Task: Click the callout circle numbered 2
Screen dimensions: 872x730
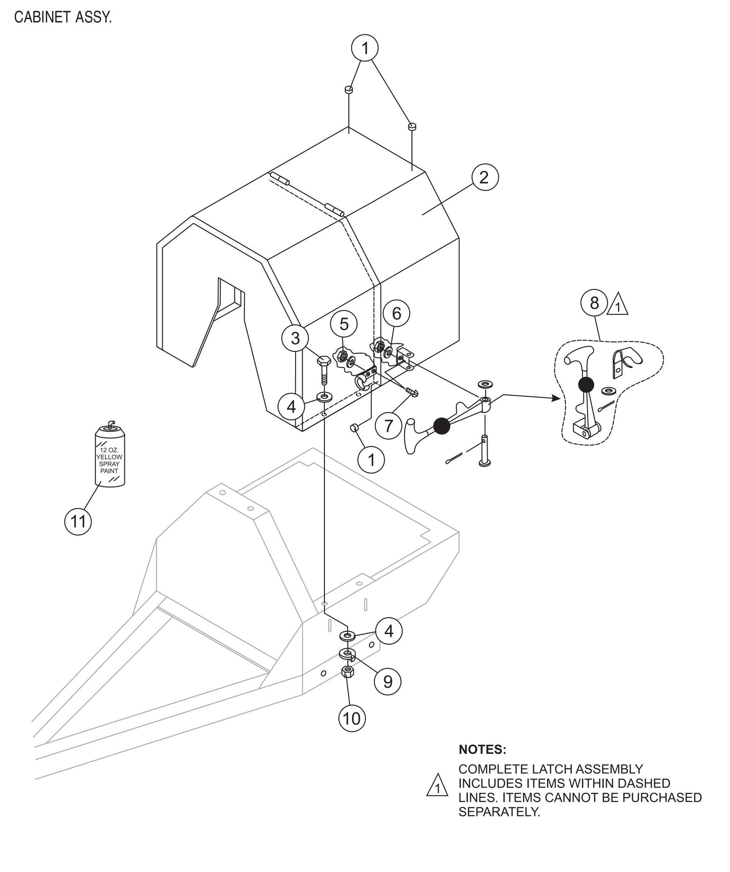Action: click(x=484, y=177)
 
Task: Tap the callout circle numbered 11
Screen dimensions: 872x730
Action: click(x=78, y=521)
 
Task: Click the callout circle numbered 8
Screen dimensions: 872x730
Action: click(x=595, y=303)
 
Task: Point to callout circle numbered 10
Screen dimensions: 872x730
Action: click(x=352, y=718)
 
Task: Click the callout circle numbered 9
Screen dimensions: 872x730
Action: click(x=387, y=682)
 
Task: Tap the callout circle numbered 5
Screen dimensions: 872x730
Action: click(x=344, y=324)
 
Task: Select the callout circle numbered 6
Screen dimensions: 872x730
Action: click(x=397, y=314)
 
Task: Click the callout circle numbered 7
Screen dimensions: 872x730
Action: click(x=388, y=426)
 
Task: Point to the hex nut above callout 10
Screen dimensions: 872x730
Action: click(x=347, y=672)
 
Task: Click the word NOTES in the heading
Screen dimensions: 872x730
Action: click(x=482, y=749)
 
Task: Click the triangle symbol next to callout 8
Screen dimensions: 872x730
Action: click(x=618, y=306)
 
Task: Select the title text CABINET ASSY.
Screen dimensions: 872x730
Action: click(x=63, y=18)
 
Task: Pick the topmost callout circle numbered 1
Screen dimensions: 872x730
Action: click(x=365, y=48)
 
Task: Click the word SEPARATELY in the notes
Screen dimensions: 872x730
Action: click(x=499, y=812)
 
